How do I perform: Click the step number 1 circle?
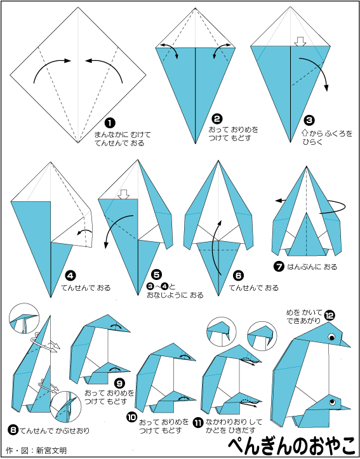tap(110, 123)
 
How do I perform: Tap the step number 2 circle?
tap(218, 119)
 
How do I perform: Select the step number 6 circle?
tap(238, 276)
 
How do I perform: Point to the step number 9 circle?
tap(120, 383)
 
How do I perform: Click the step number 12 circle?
tap(330, 316)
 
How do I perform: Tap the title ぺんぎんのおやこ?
tap(292, 445)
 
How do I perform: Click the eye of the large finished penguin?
tap(332, 337)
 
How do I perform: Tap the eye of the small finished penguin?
tap(332, 402)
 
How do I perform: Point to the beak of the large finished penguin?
tap(345, 343)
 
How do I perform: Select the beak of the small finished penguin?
tap(345, 407)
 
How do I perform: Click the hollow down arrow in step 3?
tap(300, 41)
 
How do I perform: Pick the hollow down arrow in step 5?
tap(124, 194)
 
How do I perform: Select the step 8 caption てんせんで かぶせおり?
tap(55, 430)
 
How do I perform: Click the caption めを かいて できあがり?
tap(304, 316)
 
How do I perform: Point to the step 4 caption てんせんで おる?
tap(86, 288)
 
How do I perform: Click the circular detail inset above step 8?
tap(24, 318)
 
